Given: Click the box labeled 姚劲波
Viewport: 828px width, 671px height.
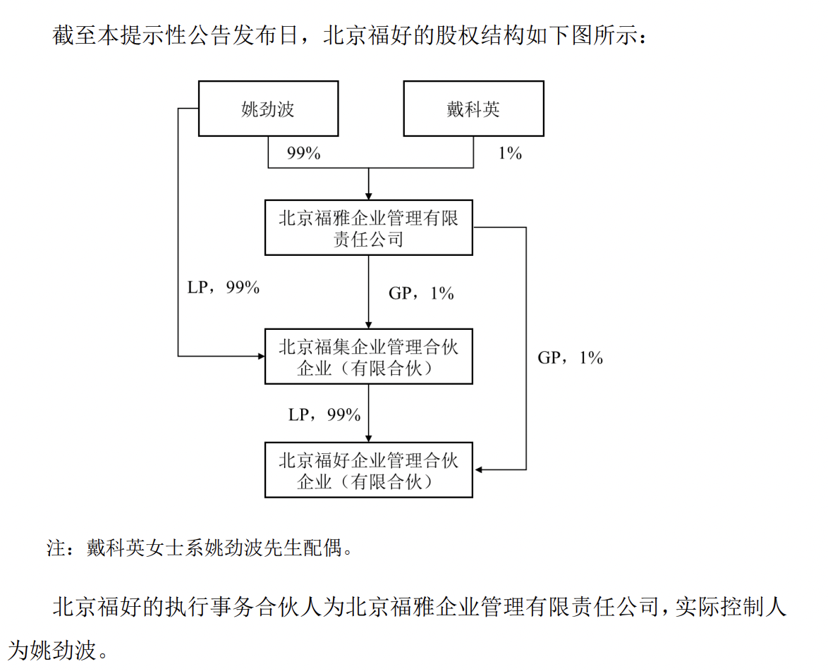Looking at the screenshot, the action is click(x=268, y=109).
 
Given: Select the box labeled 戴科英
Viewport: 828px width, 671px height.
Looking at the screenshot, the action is click(x=474, y=109).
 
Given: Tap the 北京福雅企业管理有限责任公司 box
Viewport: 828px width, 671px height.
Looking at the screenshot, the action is click(x=369, y=228).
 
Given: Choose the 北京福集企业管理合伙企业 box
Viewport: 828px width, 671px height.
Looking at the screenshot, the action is click(x=369, y=357).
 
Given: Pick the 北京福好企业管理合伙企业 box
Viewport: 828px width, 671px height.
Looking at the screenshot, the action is click(x=369, y=470).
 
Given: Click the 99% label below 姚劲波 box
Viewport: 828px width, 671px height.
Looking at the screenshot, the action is click(x=304, y=153).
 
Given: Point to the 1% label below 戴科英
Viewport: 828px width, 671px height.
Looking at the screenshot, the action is click(x=510, y=153).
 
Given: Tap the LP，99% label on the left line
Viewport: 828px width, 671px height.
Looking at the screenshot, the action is click(x=224, y=287).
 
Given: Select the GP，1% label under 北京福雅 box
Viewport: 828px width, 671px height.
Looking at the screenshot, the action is click(x=421, y=293).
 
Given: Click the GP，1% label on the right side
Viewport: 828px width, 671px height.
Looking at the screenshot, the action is click(x=571, y=357).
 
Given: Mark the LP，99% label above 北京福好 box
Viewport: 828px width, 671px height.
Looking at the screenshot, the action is click(x=324, y=414).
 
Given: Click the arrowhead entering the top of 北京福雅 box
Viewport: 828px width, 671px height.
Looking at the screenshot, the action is click(x=369, y=197).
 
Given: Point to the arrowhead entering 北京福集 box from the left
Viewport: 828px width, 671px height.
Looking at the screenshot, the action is click(x=261, y=357).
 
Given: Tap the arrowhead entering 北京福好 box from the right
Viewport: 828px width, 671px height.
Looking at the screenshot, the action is click(x=478, y=469).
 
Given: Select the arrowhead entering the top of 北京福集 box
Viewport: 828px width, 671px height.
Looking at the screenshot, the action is click(x=369, y=325).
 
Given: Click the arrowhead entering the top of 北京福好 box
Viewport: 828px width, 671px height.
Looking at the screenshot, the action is click(x=369, y=438).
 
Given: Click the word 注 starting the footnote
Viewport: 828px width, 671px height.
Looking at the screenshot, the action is click(x=56, y=548).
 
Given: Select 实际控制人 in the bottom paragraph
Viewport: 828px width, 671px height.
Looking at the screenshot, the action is click(x=731, y=607).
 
